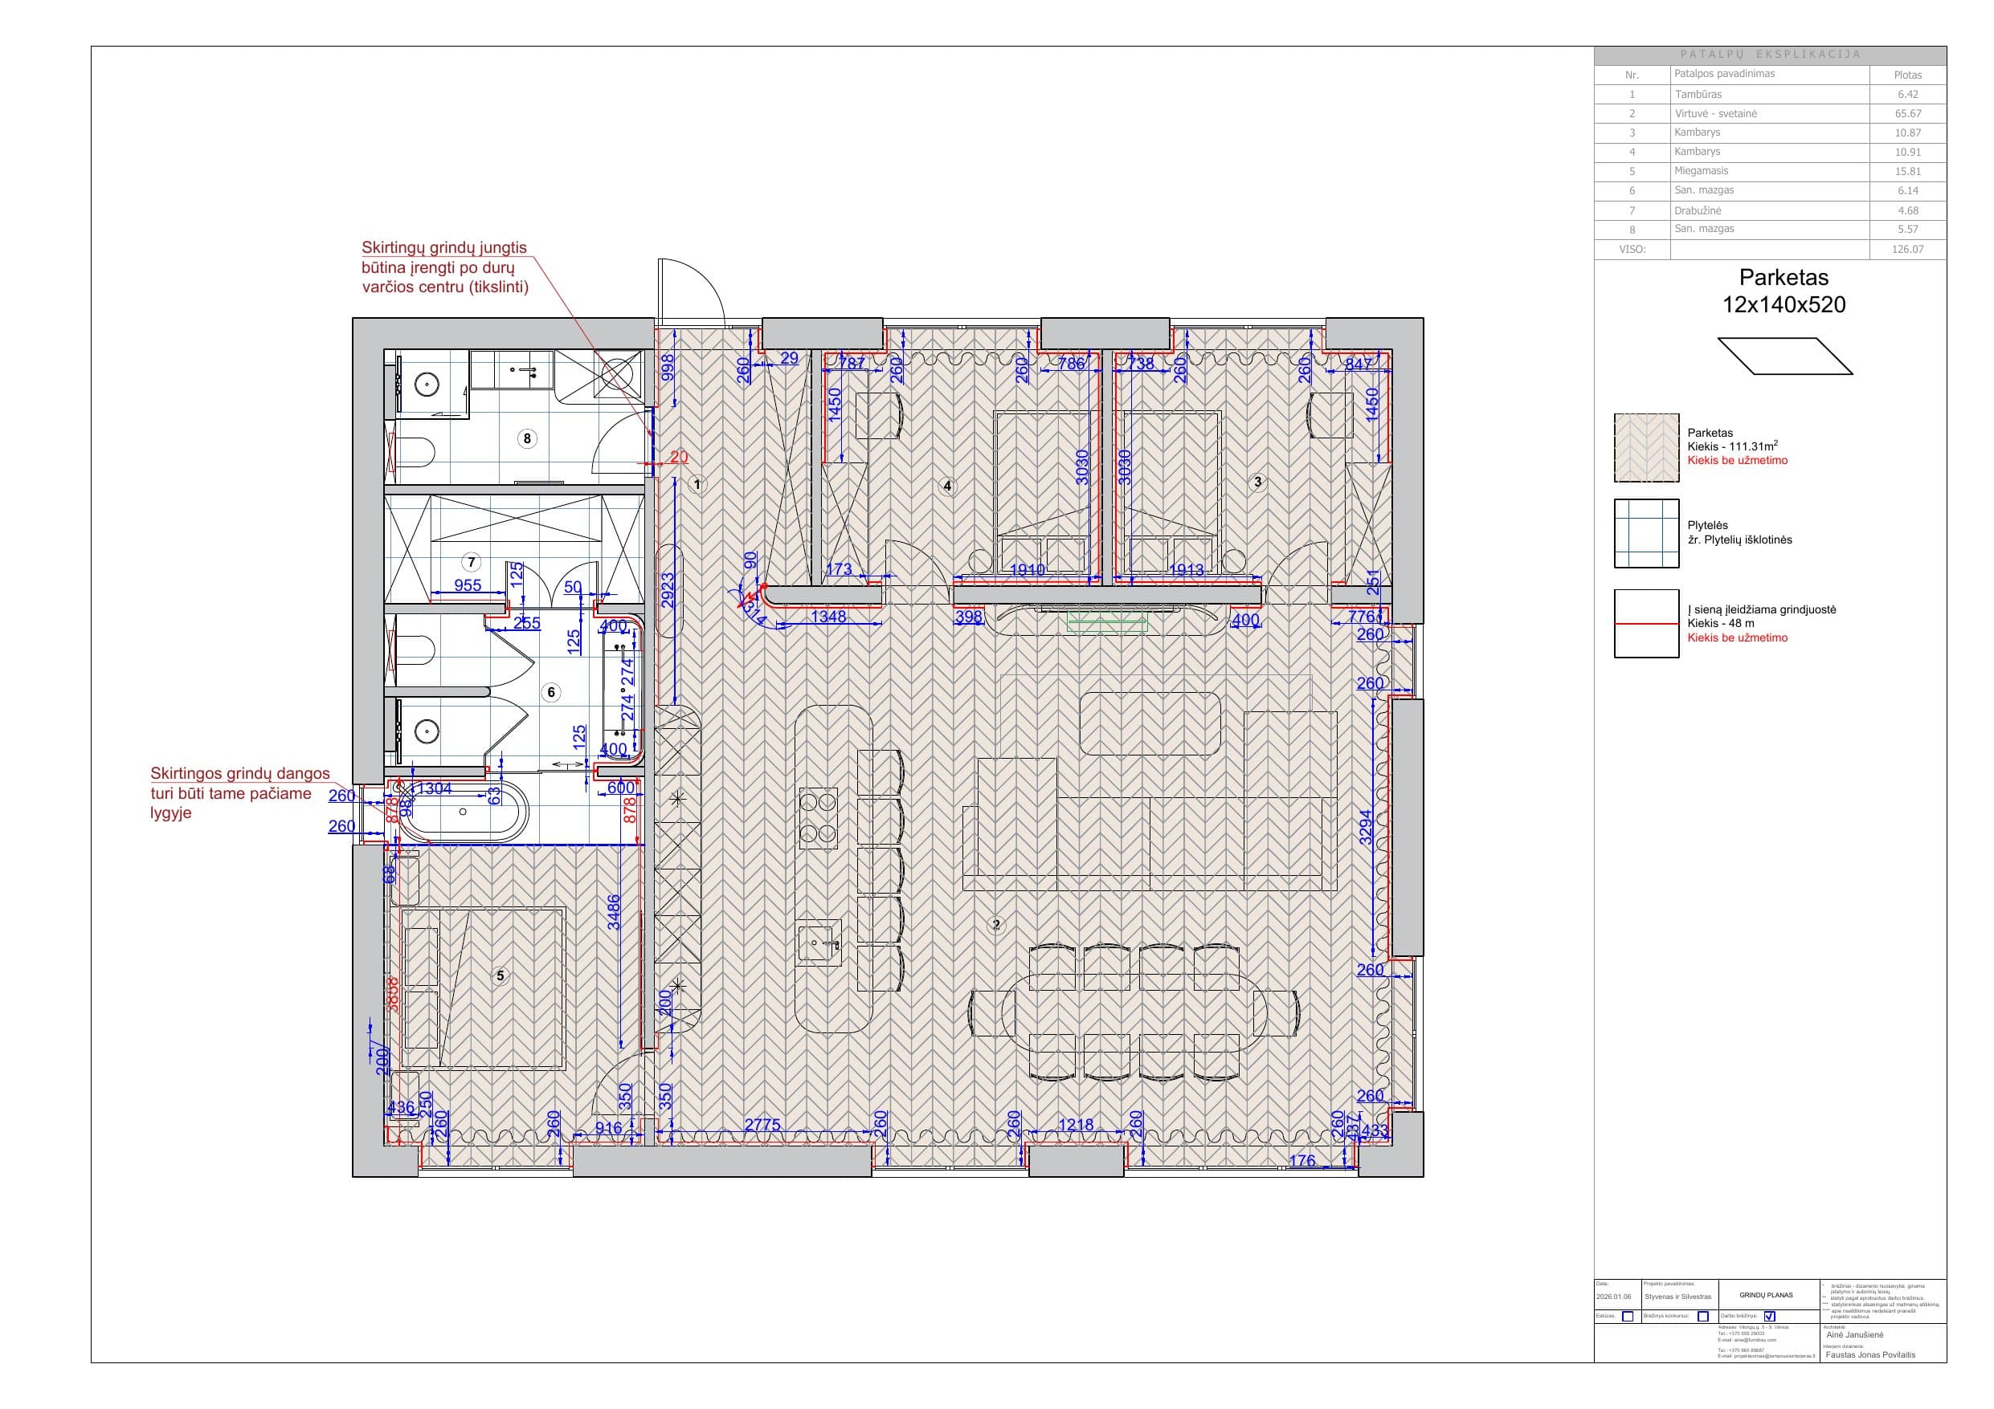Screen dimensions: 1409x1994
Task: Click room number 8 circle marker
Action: tap(526, 438)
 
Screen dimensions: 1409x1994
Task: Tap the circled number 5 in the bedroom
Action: tap(500, 975)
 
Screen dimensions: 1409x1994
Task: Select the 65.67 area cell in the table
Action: tap(1907, 114)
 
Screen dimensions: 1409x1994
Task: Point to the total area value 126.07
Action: tap(1907, 249)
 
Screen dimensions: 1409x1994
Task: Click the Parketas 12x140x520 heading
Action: tap(1784, 291)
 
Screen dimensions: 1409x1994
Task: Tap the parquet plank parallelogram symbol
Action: tap(1784, 356)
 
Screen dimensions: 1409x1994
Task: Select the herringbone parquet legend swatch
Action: tap(1646, 447)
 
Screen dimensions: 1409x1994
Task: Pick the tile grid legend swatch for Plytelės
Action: tap(1646, 533)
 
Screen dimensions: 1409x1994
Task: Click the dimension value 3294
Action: tap(1366, 826)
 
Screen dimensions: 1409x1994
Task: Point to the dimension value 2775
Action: tap(762, 1125)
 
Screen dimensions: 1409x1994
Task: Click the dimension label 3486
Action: tap(614, 912)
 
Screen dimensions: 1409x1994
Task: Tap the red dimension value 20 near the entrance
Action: tap(678, 457)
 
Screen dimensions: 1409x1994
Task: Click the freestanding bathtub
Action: tap(463, 812)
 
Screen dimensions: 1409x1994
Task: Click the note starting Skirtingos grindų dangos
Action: tap(239, 792)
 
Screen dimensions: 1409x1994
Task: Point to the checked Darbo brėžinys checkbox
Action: tap(1770, 1316)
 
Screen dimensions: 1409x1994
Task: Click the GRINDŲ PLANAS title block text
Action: tap(1766, 1295)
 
